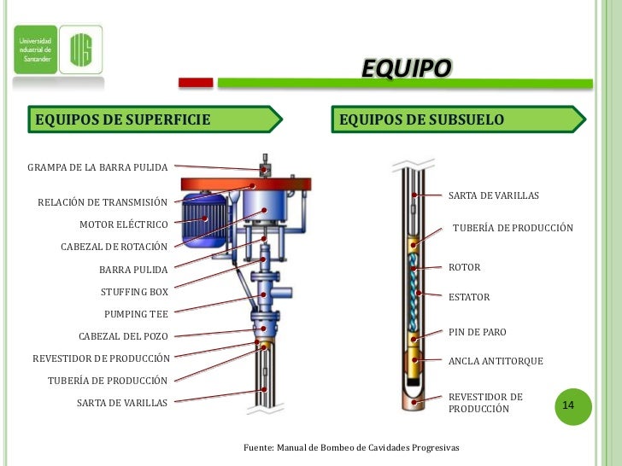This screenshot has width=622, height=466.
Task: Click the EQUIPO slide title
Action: pos(405,68)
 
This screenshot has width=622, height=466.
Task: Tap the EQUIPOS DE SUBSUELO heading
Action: pos(421,119)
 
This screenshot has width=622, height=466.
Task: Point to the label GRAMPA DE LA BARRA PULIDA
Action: pos(97,166)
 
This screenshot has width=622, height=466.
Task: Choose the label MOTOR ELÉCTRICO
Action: pos(124,224)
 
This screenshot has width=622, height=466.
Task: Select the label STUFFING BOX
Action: pos(134,291)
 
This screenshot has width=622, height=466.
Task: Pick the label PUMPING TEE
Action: pos(136,313)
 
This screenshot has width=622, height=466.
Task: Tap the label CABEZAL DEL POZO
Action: pos(123,335)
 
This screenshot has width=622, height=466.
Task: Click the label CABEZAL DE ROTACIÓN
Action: pos(114,247)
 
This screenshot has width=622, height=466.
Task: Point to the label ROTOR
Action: pos(465,267)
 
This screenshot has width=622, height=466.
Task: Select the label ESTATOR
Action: pos(469,297)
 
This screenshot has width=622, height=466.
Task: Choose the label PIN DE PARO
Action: pos(478,331)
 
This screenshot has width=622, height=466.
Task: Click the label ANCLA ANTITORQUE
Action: pos(496,361)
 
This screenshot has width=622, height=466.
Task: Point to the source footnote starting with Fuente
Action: pos(351,448)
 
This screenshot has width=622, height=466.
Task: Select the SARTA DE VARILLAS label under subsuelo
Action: pos(494,196)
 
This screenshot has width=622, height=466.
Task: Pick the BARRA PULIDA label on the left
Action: pos(133,270)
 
